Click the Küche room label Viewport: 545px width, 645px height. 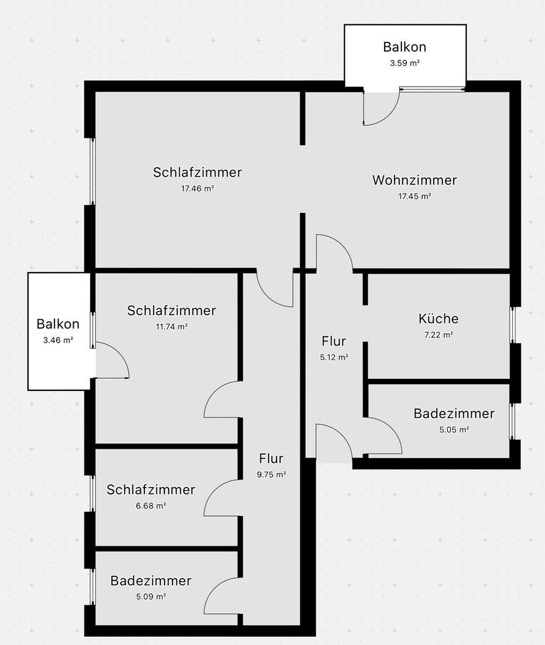tap(438, 318)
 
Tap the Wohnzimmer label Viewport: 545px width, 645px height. tap(414, 180)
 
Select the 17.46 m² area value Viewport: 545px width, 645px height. tap(197, 189)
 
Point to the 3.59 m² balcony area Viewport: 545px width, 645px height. tap(404, 63)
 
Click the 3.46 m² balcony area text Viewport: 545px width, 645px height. tap(58, 341)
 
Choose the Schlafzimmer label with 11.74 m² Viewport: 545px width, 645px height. tap(171, 310)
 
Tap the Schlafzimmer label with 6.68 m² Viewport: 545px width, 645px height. tap(150, 489)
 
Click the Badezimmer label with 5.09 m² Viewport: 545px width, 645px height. tap(151, 580)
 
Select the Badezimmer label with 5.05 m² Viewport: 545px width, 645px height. tap(454, 413)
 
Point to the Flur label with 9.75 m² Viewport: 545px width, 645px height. tap(271, 459)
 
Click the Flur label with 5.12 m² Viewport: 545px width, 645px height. tap(334, 341)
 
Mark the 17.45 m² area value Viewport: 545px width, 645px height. tap(414, 197)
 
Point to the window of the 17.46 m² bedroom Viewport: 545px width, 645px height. tap(93, 171)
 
